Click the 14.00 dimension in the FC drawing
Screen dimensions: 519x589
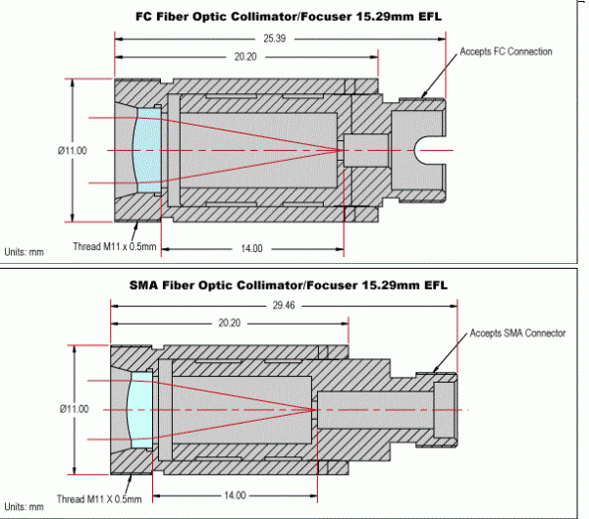pyautogui.click(x=251, y=248)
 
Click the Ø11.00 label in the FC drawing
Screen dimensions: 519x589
pyautogui.click(x=73, y=150)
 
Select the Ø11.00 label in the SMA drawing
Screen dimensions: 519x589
pyautogui.click(x=73, y=408)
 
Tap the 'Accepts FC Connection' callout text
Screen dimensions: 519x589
pyautogui.click(x=507, y=52)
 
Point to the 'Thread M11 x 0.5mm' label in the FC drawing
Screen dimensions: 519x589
pyautogui.click(x=115, y=246)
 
